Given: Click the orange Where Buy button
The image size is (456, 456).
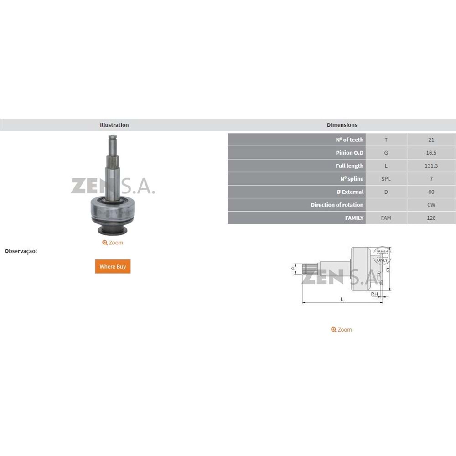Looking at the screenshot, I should (113, 266).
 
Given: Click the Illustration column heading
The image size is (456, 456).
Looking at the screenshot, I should (114, 125).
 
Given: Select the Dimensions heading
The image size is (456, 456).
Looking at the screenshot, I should (342, 125).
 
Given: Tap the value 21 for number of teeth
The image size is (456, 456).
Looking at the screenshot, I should (431, 140).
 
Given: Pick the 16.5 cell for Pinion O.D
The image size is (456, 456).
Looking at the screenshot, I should (431, 153).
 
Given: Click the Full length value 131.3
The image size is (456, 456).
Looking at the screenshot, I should (431, 166).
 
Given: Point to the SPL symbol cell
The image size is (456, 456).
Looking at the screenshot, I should (386, 179).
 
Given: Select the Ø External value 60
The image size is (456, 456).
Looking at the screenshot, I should (431, 192).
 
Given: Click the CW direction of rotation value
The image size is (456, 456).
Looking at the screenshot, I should (431, 205).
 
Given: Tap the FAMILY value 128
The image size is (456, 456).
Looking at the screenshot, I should (431, 218).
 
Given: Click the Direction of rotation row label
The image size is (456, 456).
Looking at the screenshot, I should (337, 205).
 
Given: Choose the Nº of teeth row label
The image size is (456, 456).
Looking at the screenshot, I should (347, 140).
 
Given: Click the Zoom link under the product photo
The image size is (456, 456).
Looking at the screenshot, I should (113, 243).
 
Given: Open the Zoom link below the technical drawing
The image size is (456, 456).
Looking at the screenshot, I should (342, 330).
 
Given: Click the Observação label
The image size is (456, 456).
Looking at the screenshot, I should (21, 251).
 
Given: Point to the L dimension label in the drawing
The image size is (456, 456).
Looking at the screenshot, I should (342, 299).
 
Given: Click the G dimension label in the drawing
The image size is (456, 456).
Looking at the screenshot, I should (293, 269).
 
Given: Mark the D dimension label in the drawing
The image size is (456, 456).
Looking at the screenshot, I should (388, 270).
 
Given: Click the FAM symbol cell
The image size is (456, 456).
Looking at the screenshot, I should (386, 218).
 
